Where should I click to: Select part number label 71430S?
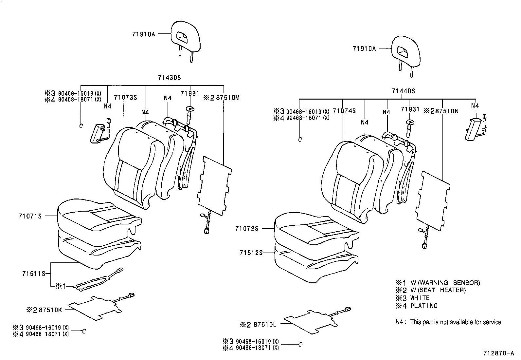click(169, 78)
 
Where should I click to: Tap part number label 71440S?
click(403, 91)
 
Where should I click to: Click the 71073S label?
click(125, 98)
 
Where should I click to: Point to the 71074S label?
click(344, 111)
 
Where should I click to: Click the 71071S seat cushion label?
click(30, 216)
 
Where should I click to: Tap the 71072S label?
click(246, 229)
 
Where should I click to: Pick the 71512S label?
click(251, 253)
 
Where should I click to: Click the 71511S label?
click(33, 274)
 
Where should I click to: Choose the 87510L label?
click(265, 325)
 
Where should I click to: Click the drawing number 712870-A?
click(498, 353)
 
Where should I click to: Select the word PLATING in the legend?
click(424, 306)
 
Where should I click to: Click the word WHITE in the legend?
click(420, 298)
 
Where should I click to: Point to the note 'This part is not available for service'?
click(456, 322)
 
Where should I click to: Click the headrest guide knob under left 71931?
click(190, 110)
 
